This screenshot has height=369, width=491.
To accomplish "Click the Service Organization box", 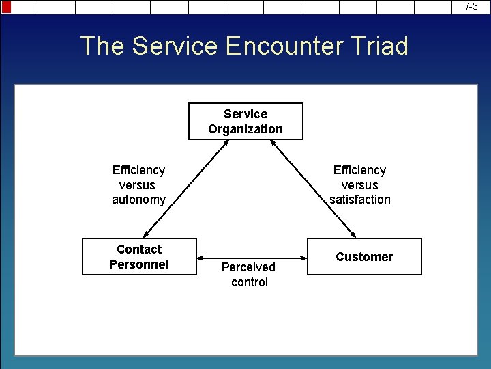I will pyautogui.click(x=245, y=121).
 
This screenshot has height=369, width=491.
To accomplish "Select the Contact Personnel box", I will pyautogui.click(x=139, y=256).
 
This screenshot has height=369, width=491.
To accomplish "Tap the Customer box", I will pyautogui.click(x=364, y=256).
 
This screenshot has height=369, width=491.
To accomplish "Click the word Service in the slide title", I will pyautogui.click(x=174, y=46).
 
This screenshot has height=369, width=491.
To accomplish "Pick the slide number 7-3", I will pyautogui.click(x=471, y=6).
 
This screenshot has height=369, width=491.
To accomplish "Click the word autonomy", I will pyautogui.click(x=138, y=200).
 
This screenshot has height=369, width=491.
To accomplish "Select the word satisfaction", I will pyautogui.click(x=360, y=200).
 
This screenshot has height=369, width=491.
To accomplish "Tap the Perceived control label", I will pyautogui.click(x=249, y=275).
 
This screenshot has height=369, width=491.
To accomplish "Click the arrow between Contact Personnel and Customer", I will pyautogui.click(x=252, y=258).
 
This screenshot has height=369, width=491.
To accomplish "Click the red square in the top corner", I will pyautogui.click(x=7, y=7).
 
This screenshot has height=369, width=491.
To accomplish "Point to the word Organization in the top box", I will pyautogui.click(x=245, y=129).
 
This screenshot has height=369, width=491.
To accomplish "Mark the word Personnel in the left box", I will pyautogui.click(x=138, y=264).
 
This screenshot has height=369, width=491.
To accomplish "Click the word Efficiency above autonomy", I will pyautogui.click(x=138, y=170).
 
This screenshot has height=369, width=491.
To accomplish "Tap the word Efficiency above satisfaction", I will pyautogui.click(x=360, y=170).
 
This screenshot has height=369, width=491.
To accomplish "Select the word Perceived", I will pyautogui.click(x=248, y=267).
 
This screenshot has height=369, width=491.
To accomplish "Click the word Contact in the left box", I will pyautogui.click(x=139, y=249).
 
